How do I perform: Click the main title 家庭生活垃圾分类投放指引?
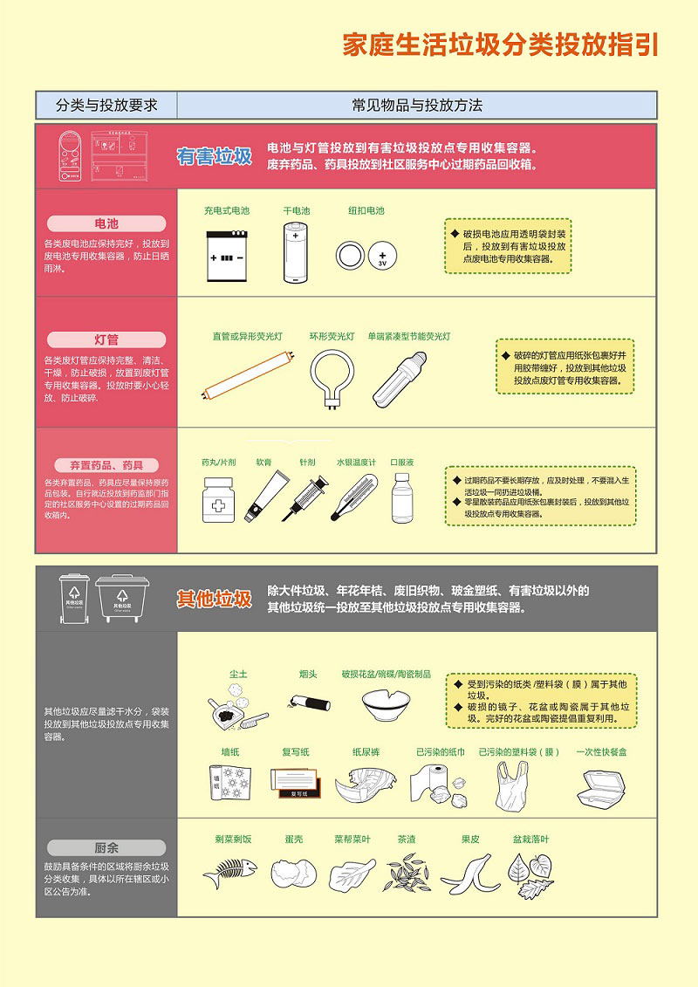(500, 45)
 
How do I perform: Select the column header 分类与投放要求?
(106, 106)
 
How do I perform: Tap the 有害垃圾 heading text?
(215, 156)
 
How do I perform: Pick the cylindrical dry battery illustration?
(296, 252)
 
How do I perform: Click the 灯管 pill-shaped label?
(106, 339)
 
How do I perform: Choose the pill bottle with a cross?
(218, 500)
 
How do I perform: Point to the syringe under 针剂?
(309, 497)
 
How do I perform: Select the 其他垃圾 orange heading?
(215, 599)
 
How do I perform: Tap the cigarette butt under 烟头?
(308, 701)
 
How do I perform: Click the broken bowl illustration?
(386, 703)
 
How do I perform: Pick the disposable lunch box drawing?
(601, 788)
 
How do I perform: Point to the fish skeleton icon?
(230, 872)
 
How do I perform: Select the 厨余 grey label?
(106, 847)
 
